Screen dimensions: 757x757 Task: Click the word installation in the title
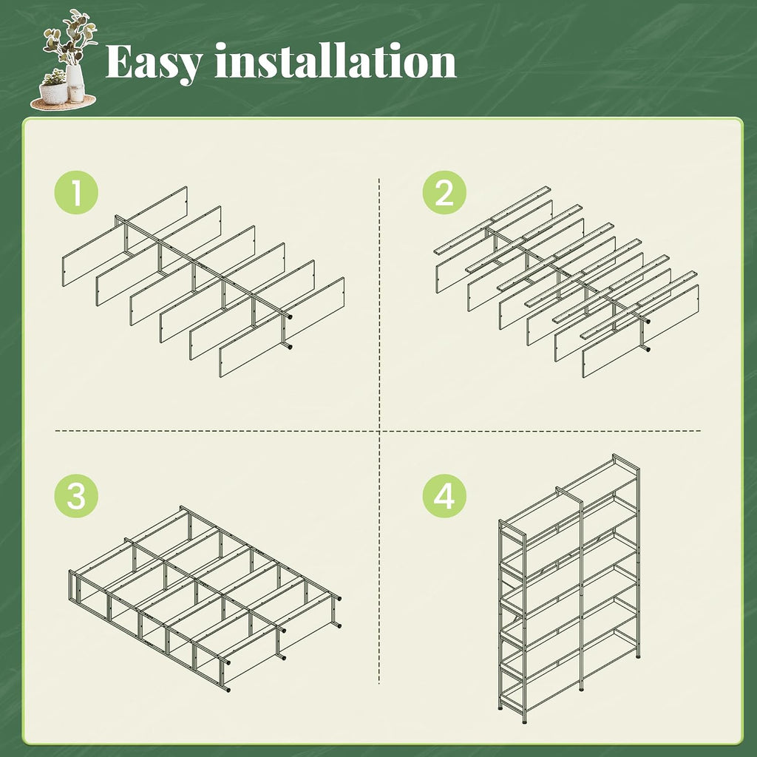tap(336, 61)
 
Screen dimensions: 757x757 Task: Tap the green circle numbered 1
tap(76, 193)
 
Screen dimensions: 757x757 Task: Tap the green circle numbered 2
tap(444, 193)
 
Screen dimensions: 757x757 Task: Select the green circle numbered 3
tap(76, 496)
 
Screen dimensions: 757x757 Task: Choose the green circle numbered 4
tap(444, 496)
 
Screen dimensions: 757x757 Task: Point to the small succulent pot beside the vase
tap(53, 89)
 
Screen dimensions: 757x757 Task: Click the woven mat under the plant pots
tap(64, 102)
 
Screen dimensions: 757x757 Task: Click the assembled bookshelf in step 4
tap(570, 588)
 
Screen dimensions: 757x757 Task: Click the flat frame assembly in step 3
tap(205, 599)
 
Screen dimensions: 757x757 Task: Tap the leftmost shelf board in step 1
tap(124, 237)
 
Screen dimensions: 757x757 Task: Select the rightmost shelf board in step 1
tap(282, 327)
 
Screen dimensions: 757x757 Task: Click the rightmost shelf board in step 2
tap(641, 330)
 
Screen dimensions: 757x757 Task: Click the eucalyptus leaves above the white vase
tap(71, 36)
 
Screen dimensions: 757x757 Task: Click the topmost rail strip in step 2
tap(492, 220)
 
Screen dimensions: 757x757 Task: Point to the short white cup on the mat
tap(77, 94)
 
